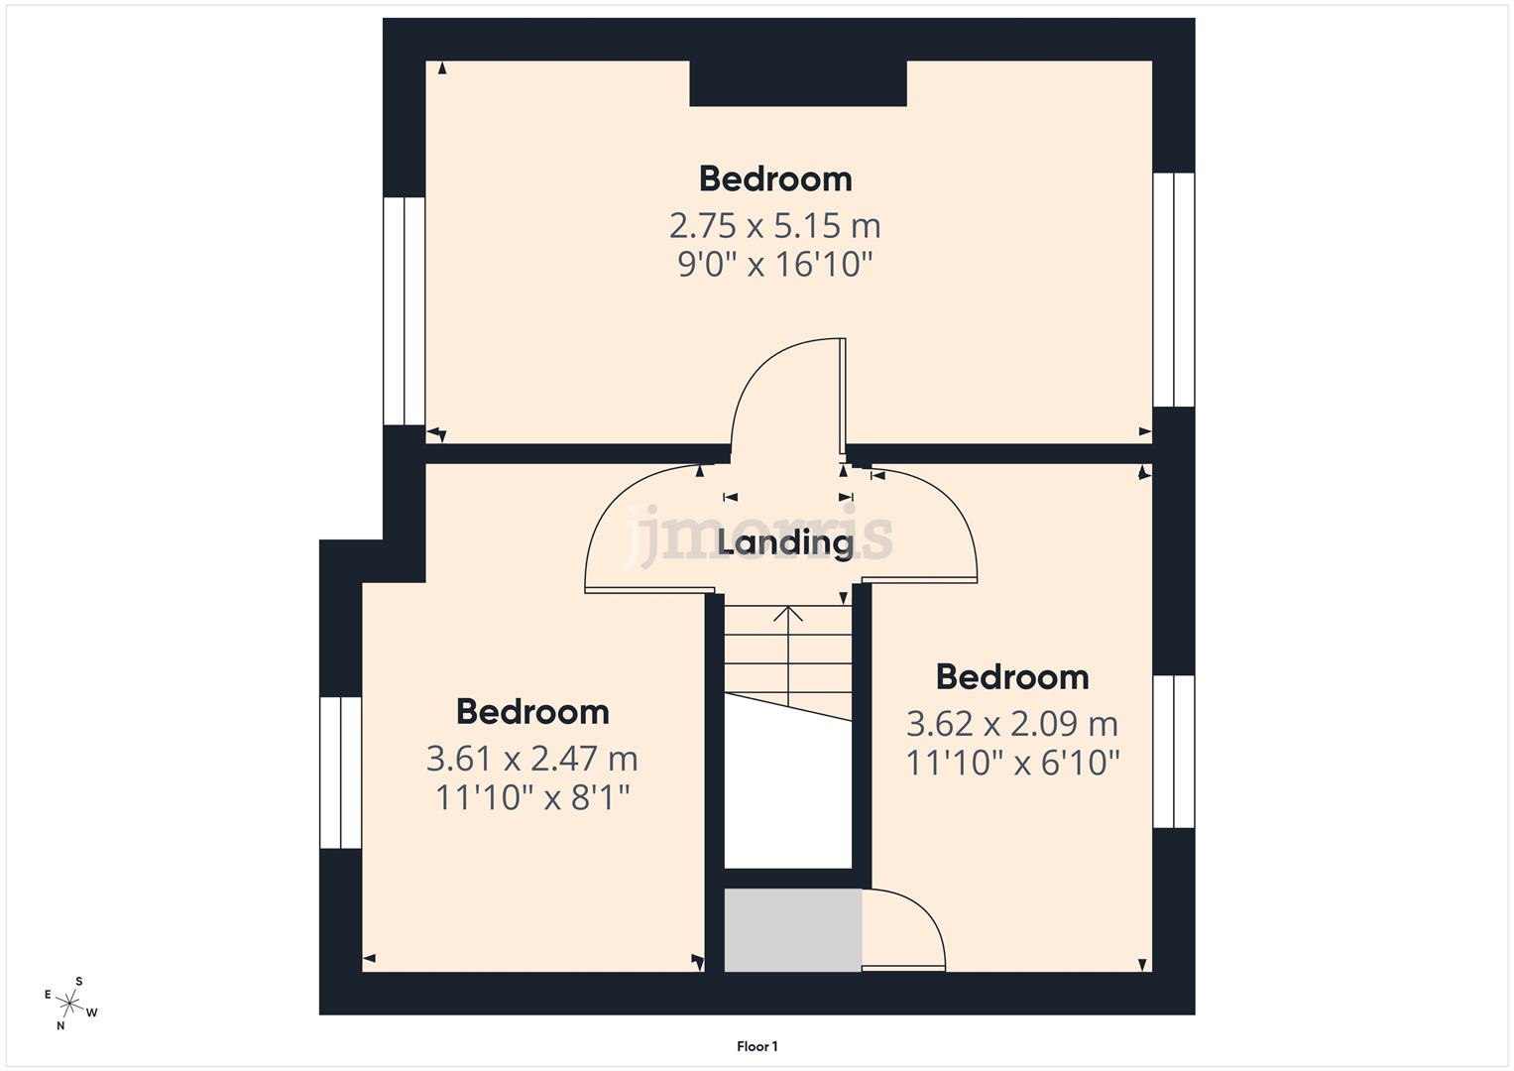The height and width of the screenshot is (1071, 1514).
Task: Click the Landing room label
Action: (785, 542)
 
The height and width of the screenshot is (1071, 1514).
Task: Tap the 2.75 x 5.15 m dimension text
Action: (774, 226)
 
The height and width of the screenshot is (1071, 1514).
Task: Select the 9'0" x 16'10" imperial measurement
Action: (774, 265)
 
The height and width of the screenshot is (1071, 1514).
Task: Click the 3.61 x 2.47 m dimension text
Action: (531, 759)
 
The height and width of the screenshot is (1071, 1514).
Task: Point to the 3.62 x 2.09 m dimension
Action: (1011, 724)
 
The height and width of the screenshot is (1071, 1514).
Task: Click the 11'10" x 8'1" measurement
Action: (532, 797)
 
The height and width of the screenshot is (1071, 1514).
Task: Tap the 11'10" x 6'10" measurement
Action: (1012, 763)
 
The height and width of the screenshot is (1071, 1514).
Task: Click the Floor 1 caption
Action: (757, 1046)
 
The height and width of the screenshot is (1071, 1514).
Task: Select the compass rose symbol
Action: (70, 1004)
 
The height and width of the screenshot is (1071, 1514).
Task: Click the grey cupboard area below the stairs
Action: (792, 929)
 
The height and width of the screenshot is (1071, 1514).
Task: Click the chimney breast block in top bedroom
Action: (797, 83)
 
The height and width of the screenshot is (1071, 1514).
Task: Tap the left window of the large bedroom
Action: (404, 310)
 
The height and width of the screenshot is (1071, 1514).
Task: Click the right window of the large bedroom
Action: (1174, 290)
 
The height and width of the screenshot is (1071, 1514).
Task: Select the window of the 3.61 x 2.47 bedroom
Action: (340, 773)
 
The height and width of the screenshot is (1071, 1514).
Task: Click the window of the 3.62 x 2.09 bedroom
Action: (1174, 752)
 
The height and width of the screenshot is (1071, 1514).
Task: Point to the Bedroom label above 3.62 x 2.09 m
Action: (1011, 677)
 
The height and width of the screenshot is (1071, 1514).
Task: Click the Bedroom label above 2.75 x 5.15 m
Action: (774, 179)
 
